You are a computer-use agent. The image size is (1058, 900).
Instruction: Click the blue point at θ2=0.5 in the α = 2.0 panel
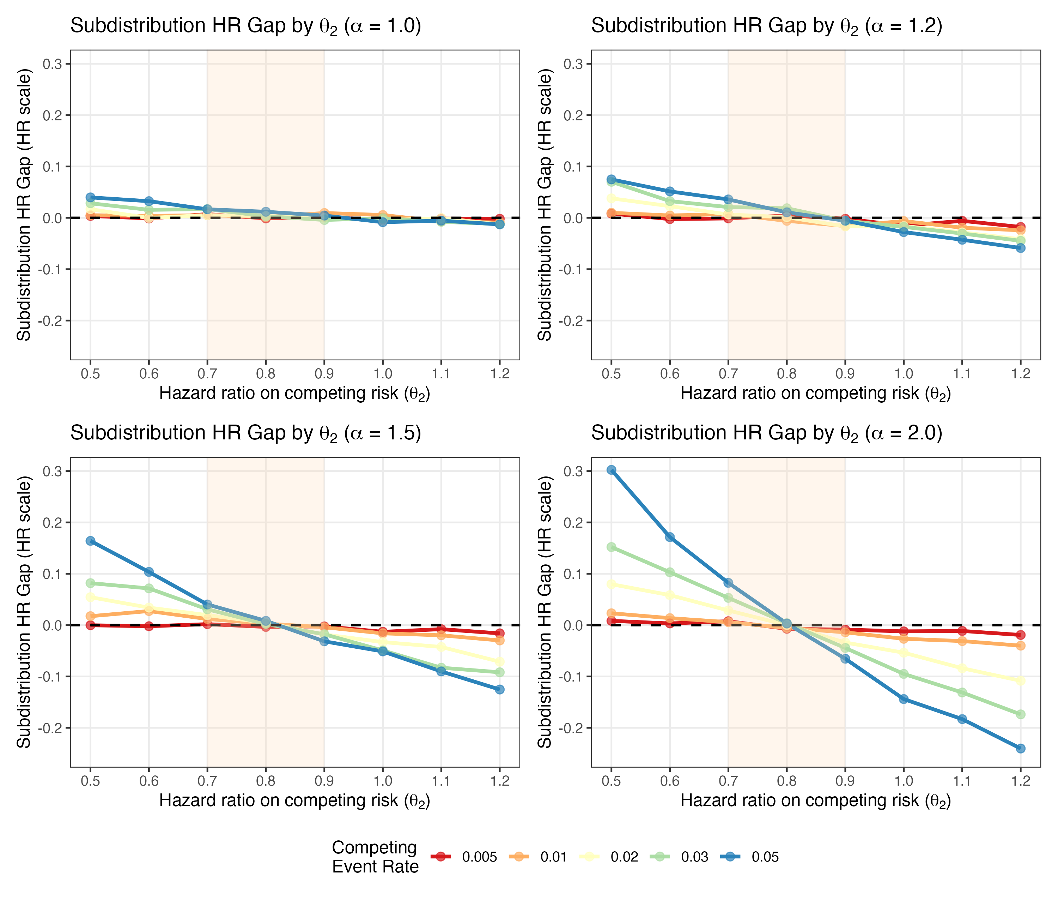click(x=611, y=470)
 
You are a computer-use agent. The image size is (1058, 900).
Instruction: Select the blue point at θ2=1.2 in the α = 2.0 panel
click(x=1020, y=749)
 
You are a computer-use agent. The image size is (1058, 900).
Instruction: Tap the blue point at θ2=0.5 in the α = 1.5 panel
click(x=90, y=541)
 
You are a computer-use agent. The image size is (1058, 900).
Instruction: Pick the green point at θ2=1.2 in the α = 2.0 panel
click(x=1020, y=714)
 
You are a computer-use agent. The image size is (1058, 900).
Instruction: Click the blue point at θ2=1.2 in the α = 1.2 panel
click(x=1020, y=248)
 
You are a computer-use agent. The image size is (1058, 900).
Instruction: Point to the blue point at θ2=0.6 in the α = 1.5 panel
click(x=149, y=572)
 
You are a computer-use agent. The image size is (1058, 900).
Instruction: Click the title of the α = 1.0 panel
click(x=246, y=25)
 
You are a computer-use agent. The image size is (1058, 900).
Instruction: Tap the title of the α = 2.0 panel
click(x=766, y=433)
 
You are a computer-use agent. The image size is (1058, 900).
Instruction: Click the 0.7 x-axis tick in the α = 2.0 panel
click(x=728, y=781)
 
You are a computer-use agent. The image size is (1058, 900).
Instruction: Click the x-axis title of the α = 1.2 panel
click(x=815, y=394)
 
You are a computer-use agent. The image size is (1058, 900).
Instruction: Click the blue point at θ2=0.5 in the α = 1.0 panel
click(x=90, y=197)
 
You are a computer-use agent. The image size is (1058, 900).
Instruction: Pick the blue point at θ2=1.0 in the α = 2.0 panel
click(x=904, y=699)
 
